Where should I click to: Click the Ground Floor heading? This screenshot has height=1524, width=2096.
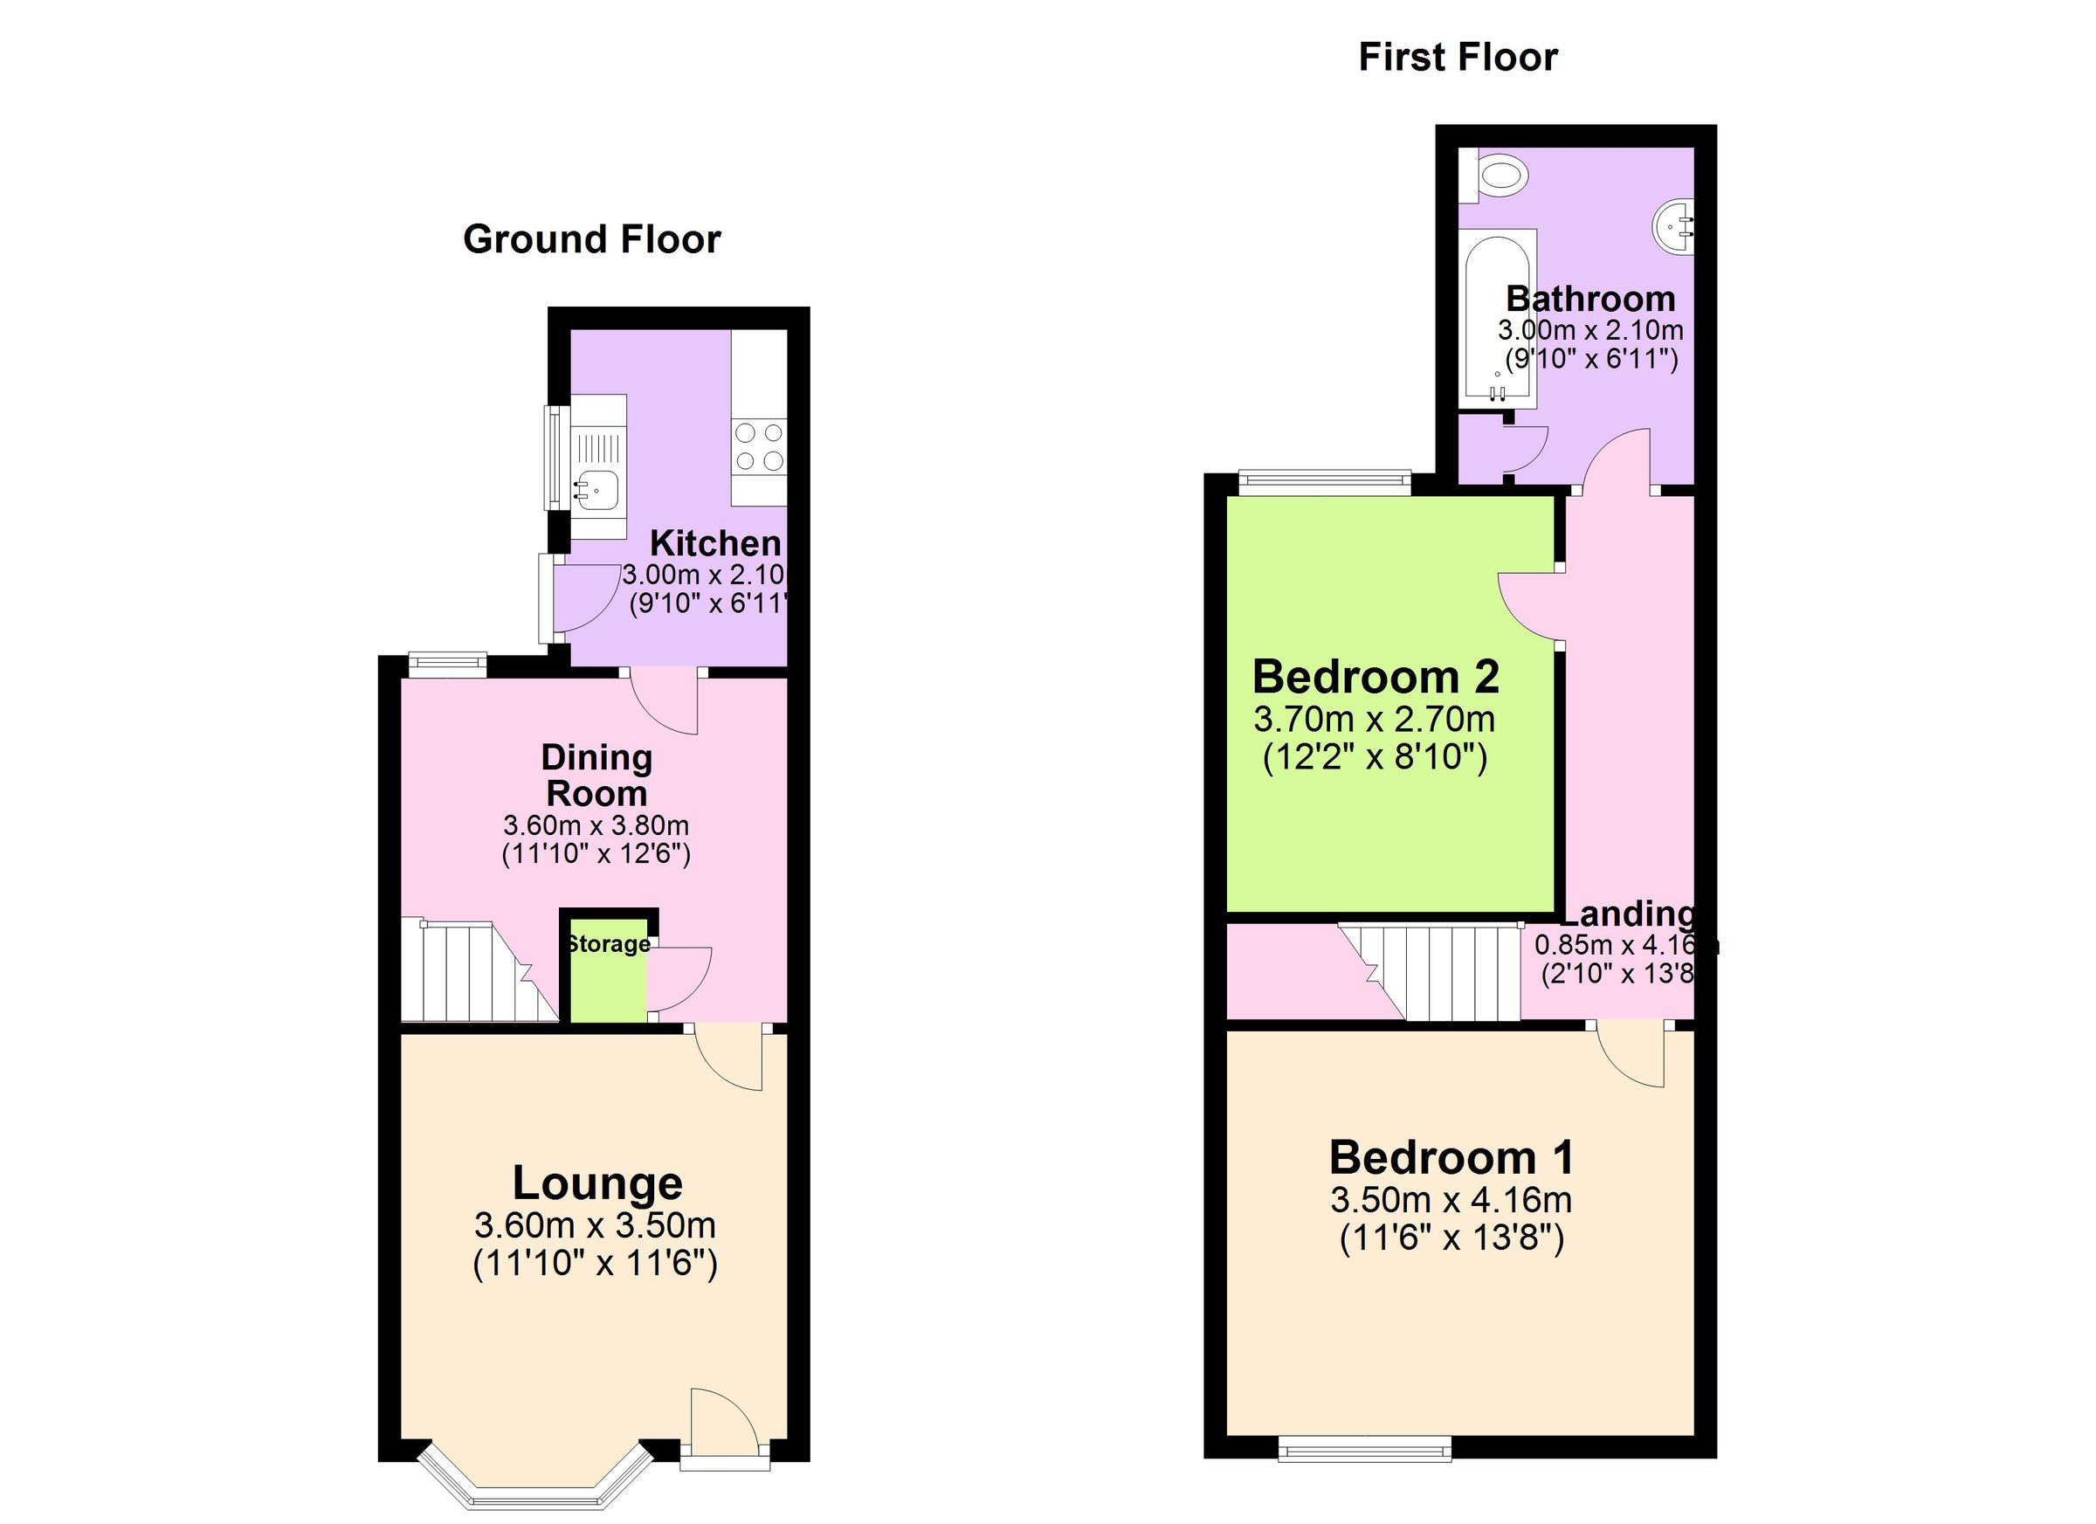[591, 239]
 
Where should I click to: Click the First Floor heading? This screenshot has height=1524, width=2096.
[1458, 58]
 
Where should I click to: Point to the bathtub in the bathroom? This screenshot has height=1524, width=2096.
[1497, 319]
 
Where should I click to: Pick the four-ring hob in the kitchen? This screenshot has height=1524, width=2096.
[758, 446]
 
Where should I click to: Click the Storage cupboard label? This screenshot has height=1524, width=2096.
[608, 943]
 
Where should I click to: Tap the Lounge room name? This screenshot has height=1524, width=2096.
[597, 1183]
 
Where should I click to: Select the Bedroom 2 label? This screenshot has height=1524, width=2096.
[1375, 678]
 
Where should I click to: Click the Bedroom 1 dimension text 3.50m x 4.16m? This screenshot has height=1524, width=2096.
[1451, 1200]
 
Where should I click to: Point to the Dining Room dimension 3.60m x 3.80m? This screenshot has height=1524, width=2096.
[596, 824]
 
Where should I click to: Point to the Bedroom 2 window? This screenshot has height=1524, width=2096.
[1324, 479]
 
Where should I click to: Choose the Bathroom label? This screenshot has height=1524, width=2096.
[1590, 299]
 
